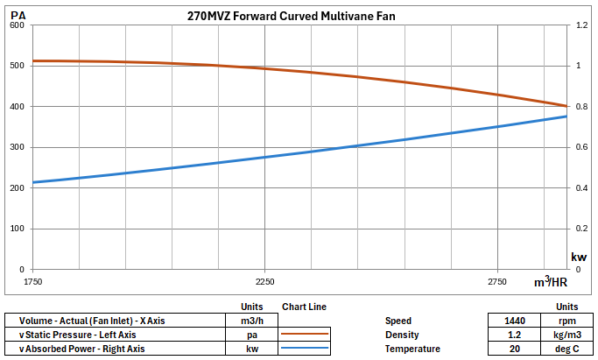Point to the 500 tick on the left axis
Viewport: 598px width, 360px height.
click(x=17, y=66)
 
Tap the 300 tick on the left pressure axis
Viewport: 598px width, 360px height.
click(x=17, y=147)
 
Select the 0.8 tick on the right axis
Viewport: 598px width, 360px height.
click(x=578, y=107)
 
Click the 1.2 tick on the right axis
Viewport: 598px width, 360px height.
click(x=578, y=25)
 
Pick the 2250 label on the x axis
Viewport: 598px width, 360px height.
click(x=264, y=282)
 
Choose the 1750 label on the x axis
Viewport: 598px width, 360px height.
click(x=33, y=282)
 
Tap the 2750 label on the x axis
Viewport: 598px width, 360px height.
click(x=496, y=282)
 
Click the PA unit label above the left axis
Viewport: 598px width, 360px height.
click(x=18, y=15)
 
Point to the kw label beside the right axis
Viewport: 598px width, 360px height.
click(x=579, y=257)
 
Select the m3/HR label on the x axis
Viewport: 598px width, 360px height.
click(x=551, y=282)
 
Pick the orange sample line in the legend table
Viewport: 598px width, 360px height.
click(x=304, y=335)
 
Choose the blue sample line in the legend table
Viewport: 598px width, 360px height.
click(x=304, y=349)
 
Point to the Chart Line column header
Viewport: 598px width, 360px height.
click(x=304, y=307)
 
